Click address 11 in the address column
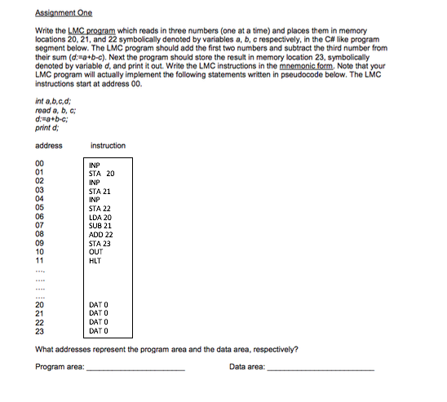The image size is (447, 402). click(40, 261)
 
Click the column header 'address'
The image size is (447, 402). click(49, 145)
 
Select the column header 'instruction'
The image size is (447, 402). click(108, 145)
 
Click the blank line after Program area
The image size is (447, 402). click(135, 369)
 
